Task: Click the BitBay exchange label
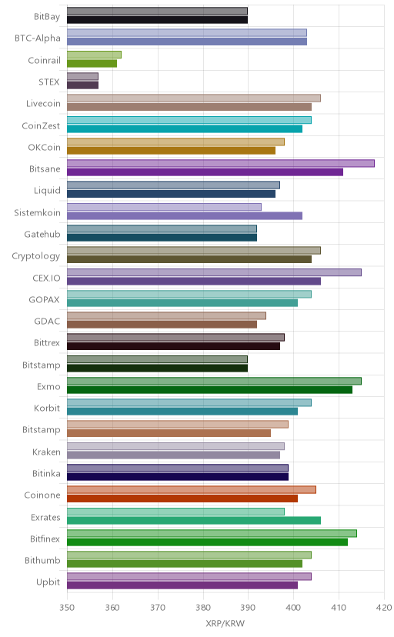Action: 47,17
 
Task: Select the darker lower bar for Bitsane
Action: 205,172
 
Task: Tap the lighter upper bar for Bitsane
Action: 221,163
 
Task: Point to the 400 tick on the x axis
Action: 293,608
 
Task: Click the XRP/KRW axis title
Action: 225,624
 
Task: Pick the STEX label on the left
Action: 49,82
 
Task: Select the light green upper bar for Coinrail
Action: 94,55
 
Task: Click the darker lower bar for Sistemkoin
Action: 185,215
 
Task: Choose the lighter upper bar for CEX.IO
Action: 214,272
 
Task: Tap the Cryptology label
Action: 35,256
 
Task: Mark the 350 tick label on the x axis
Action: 67,608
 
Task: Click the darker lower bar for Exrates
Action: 194,520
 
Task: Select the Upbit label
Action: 48,582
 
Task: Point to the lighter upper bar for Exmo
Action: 214,381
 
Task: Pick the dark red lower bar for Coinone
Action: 182,499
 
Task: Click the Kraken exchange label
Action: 46,452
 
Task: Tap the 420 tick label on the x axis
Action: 384,608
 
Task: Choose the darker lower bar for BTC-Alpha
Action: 187,42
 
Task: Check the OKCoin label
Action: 44,148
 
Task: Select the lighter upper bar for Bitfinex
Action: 212,533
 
